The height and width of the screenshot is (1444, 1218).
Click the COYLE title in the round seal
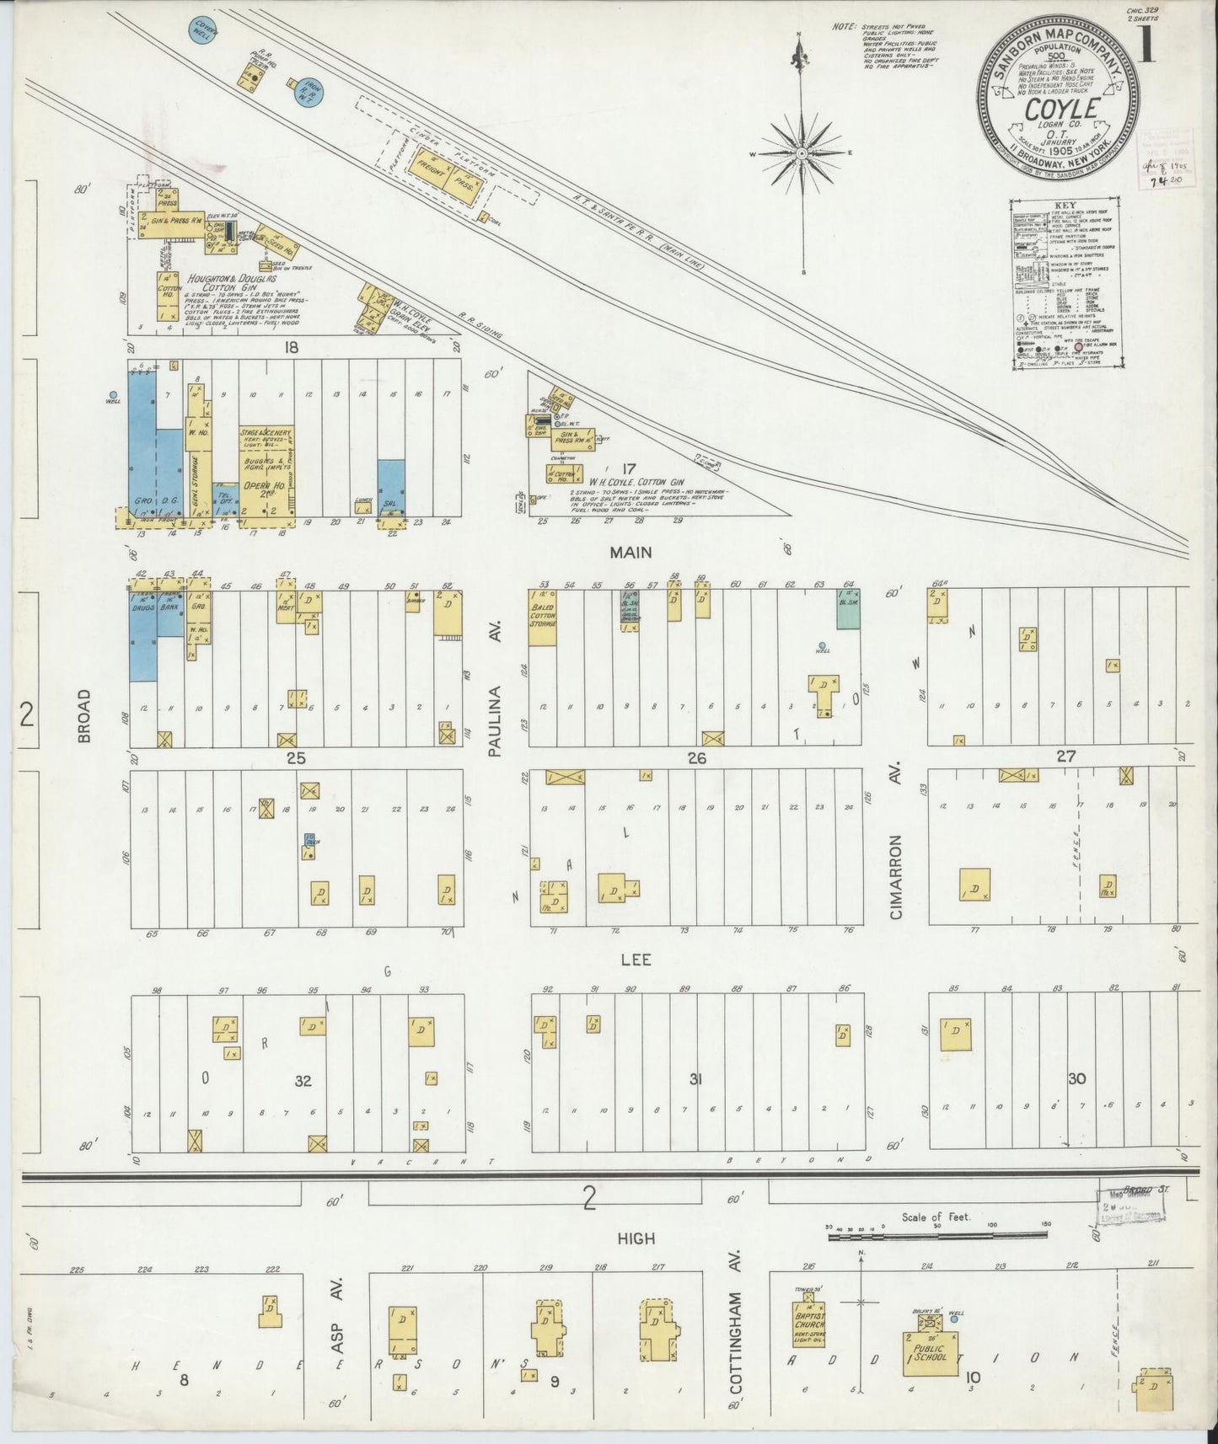1061,110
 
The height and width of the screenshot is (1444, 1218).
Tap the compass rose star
801,152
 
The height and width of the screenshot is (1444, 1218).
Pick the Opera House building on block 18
266,468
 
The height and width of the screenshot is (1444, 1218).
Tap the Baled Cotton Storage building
542,617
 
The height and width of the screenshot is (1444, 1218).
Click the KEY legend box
1066,284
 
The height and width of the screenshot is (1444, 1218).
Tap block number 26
696,759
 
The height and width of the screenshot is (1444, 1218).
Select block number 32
302,1080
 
